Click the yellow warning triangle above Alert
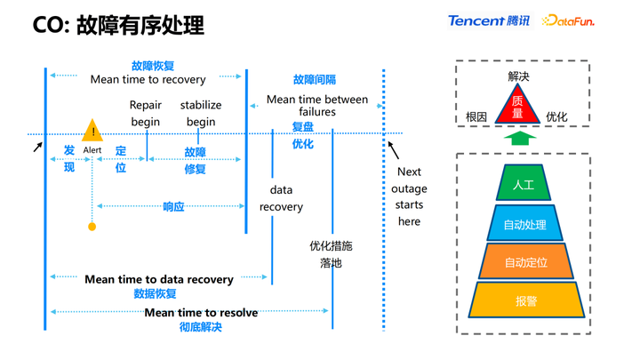click(92, 132)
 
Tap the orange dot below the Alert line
click(92, 227)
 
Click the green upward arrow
click(520, 138)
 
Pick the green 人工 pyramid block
click(524, 184)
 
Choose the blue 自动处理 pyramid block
click(524, 224)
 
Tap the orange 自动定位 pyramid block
click(525, 262)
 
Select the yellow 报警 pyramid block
click(526, 300)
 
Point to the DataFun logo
click(568, 20)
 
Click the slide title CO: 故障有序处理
click(118, 25)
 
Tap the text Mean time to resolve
click(201, 312)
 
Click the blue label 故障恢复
click(153, 66)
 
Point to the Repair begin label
click(146, 113)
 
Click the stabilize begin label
click(201, 113)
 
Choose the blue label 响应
click(173, 206)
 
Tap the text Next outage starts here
click(409, 196)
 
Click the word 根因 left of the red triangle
click(476, 116)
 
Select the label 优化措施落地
click(331, 254)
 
